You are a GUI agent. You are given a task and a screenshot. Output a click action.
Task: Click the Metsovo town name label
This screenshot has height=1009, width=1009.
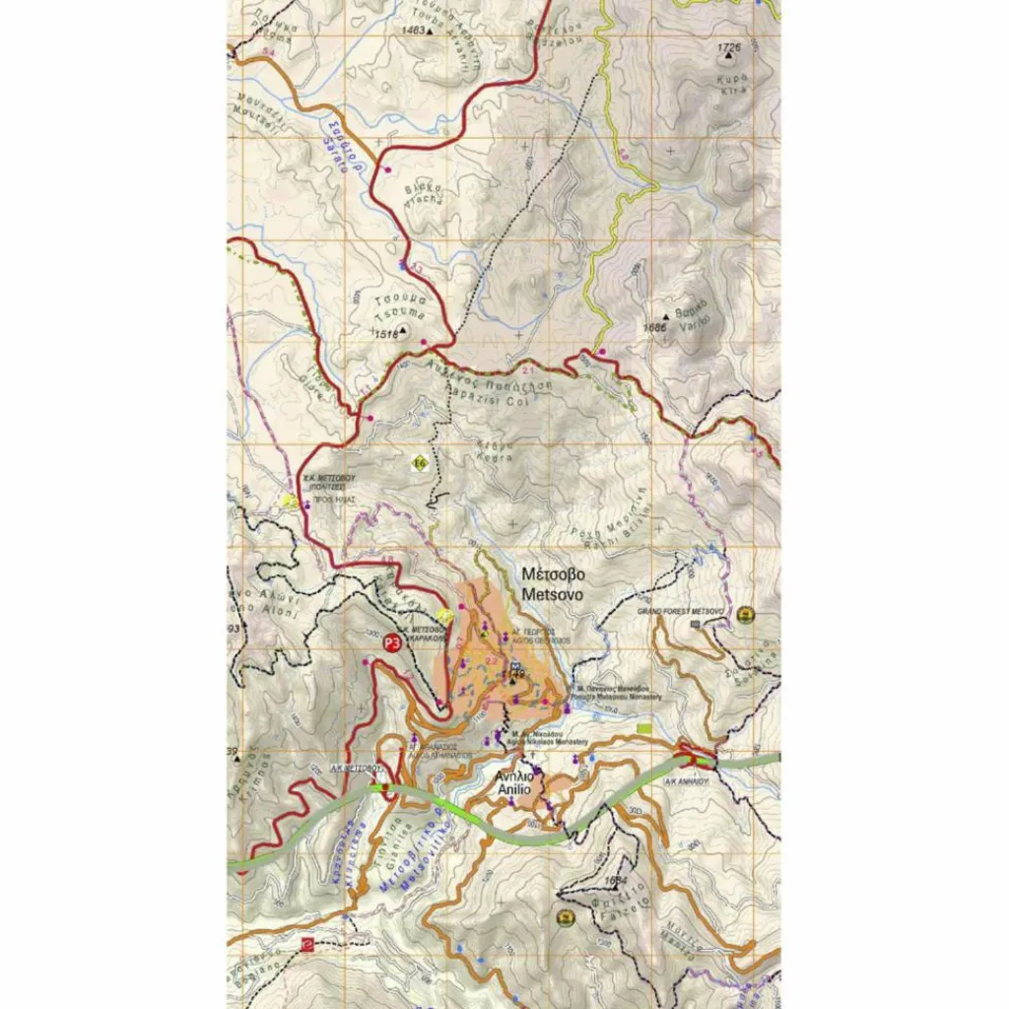click(553, 584)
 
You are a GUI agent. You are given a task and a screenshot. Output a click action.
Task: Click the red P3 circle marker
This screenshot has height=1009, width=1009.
click(391, 643)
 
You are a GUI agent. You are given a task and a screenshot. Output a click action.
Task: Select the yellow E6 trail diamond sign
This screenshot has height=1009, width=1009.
click(420, 462)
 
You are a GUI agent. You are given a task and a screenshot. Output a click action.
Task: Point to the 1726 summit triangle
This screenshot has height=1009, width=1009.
click(730, 55)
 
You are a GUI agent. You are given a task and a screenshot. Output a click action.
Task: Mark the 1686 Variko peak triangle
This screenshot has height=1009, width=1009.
click(666, 317)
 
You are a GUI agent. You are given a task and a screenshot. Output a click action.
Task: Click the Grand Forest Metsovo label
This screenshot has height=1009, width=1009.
click(681, 612)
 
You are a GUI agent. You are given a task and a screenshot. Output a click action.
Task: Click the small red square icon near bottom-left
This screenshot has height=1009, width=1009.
click(306, 943)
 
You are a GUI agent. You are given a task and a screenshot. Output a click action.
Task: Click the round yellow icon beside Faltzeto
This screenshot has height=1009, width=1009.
click(566, 918)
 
